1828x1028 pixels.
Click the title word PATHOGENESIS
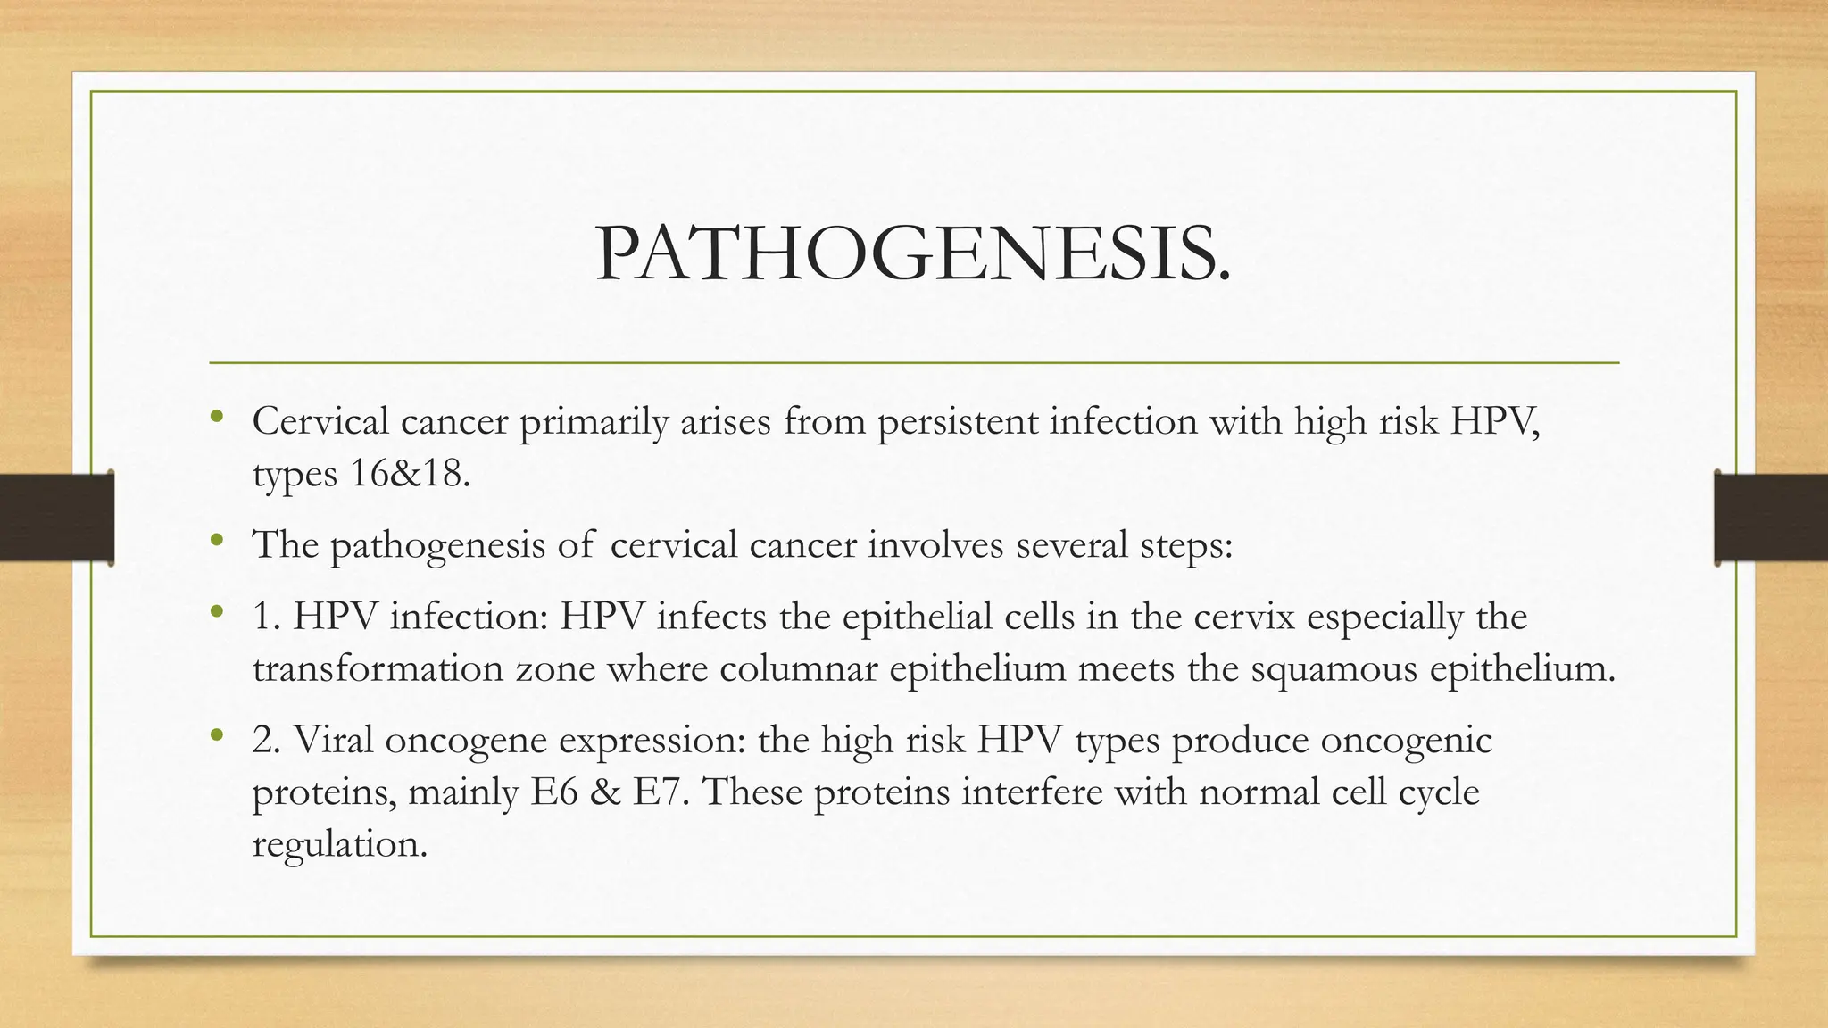(912, 253)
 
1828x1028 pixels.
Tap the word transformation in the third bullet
(378, 668)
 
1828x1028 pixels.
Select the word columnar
(798, 668)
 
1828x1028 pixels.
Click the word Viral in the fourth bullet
(333, 740)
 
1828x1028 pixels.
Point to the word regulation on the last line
(339, 844)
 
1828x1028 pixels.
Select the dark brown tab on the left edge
(56, 518)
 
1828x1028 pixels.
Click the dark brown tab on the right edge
(1771, 518)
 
